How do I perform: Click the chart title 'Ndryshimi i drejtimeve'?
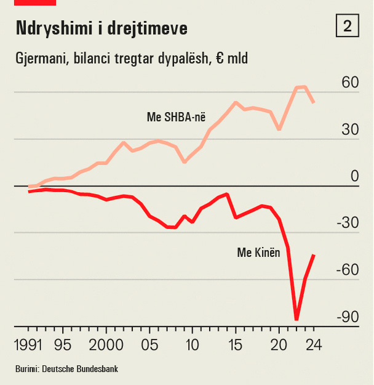[x=101, y=28]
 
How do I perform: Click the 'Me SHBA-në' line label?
[x=176, y=117]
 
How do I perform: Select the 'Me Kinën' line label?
[x=258, y=252]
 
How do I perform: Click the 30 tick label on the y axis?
[x=349, y=130]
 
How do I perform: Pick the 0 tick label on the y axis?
[x=354, y=177]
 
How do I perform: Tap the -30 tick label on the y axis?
[x=346, y=223]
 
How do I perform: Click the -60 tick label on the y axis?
[x=346, y=270]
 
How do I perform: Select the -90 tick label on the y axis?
[x=346, y=317]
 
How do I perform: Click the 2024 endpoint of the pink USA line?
[x=314, y=102]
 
